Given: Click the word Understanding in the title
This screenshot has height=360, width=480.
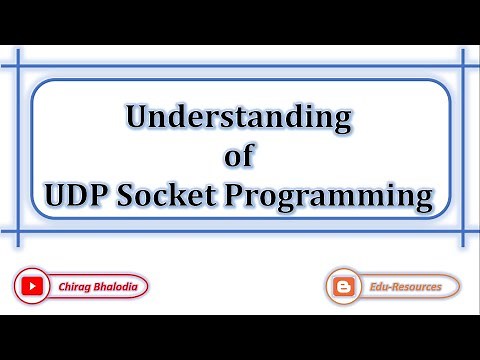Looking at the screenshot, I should pos(239,119).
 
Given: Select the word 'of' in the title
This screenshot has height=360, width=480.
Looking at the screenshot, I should pos(239,156).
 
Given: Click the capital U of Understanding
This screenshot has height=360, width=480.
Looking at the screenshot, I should pos(137,119).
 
